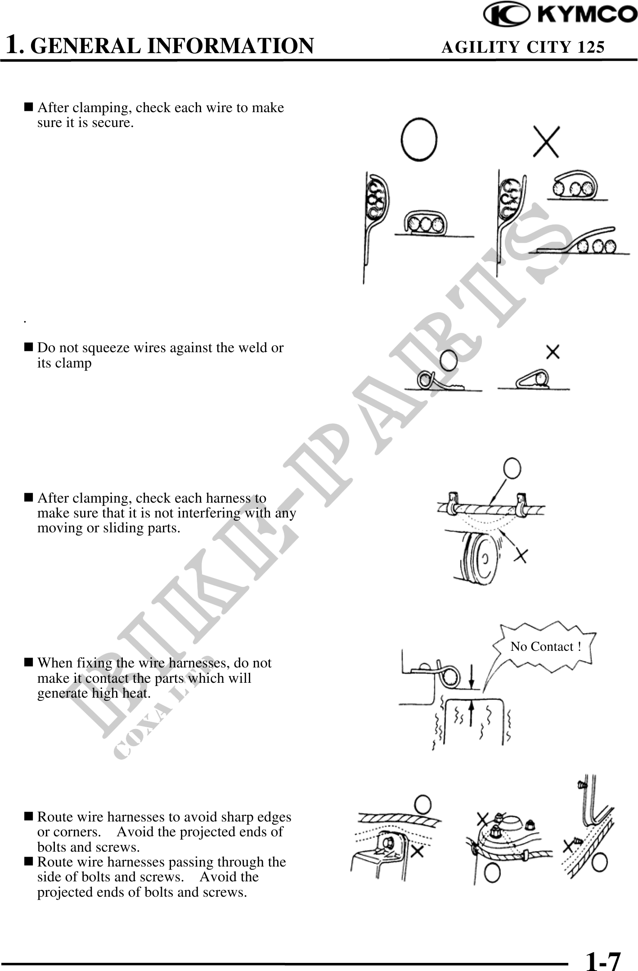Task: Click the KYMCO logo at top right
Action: coord(561,15)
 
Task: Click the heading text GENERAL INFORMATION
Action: coord(172,46)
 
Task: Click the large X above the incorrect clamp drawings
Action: coord(546,141)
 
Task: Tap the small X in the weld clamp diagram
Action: coord(553,352)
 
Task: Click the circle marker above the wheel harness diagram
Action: coord(512,469)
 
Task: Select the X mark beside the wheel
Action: coord(521,556)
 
